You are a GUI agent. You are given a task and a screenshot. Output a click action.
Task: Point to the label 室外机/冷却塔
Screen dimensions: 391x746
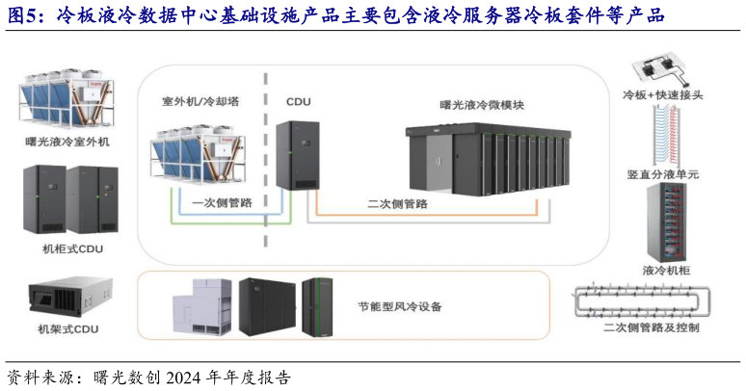(x=200, y=100)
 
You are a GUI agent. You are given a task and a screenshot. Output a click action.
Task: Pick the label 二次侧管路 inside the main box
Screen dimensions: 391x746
(x=402, y=203)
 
